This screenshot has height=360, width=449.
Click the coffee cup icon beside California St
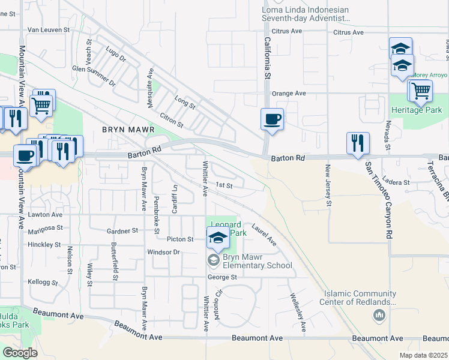click(x=271, y=118)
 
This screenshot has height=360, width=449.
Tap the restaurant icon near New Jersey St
click(x=358, y=143)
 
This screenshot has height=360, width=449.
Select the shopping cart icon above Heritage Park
click(x=421, y=91)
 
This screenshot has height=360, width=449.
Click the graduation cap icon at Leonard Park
click(x=218, y=238)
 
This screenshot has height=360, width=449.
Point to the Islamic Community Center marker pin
click(x=379, y=316)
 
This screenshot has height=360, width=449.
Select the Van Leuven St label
click(x=49, y=29)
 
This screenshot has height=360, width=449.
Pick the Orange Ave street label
click(x=289, y=94)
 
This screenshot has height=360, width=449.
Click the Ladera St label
click(x=396, y=182)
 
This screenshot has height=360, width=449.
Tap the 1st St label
click(x=224, y=185)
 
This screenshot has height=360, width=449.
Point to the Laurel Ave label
click(x=264, y=235)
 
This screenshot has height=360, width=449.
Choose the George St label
click(x=223, y=277)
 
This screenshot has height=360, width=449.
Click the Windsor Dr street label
click(x=164, y=252)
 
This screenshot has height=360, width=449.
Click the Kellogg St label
click(x=42, y=281)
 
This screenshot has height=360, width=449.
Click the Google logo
click(x=20, y=353)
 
